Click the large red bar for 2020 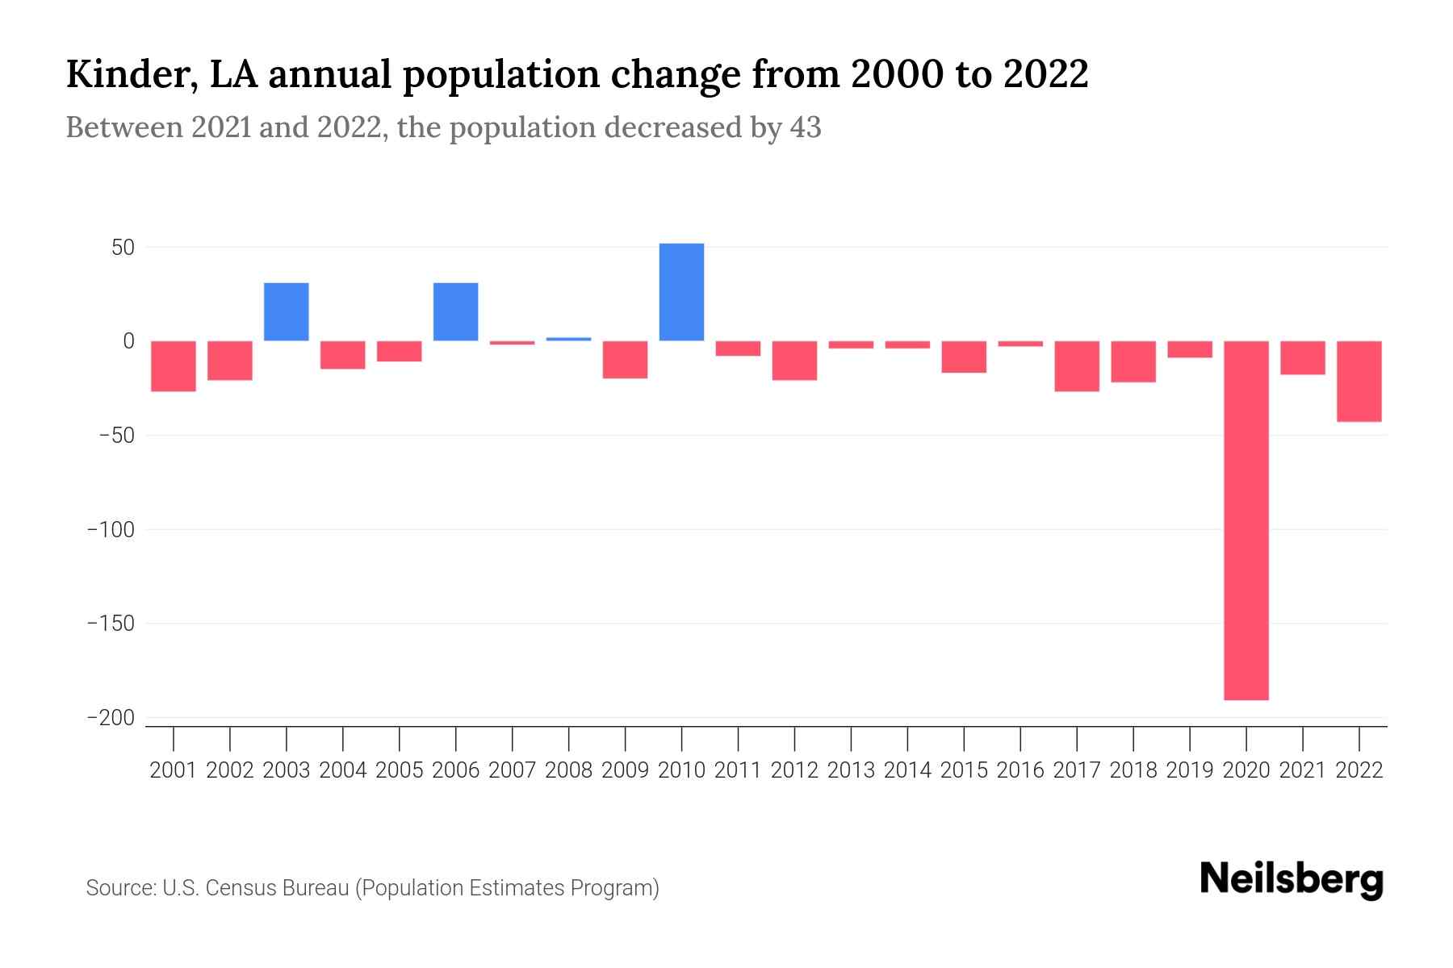(x=1246, y=520)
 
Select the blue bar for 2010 (x=681, y=292)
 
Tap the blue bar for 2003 (x=287, y=312)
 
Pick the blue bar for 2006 (x=456, y=312)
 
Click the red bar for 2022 (x=1359, y=381)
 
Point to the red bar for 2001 (x=174, y=366)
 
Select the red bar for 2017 (x=1077, y=366)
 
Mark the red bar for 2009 (x=626, y=360)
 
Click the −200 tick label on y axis (x=111, y=718)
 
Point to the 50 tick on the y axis (x=123, y=248)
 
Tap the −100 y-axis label (x=111, y=530)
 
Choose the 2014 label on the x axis (x=907, y=770)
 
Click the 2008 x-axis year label (x=569, y=770)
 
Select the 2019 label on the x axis (x=1190, y=770)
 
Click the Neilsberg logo (x=1292, y=879)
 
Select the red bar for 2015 (x=964, y=357)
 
